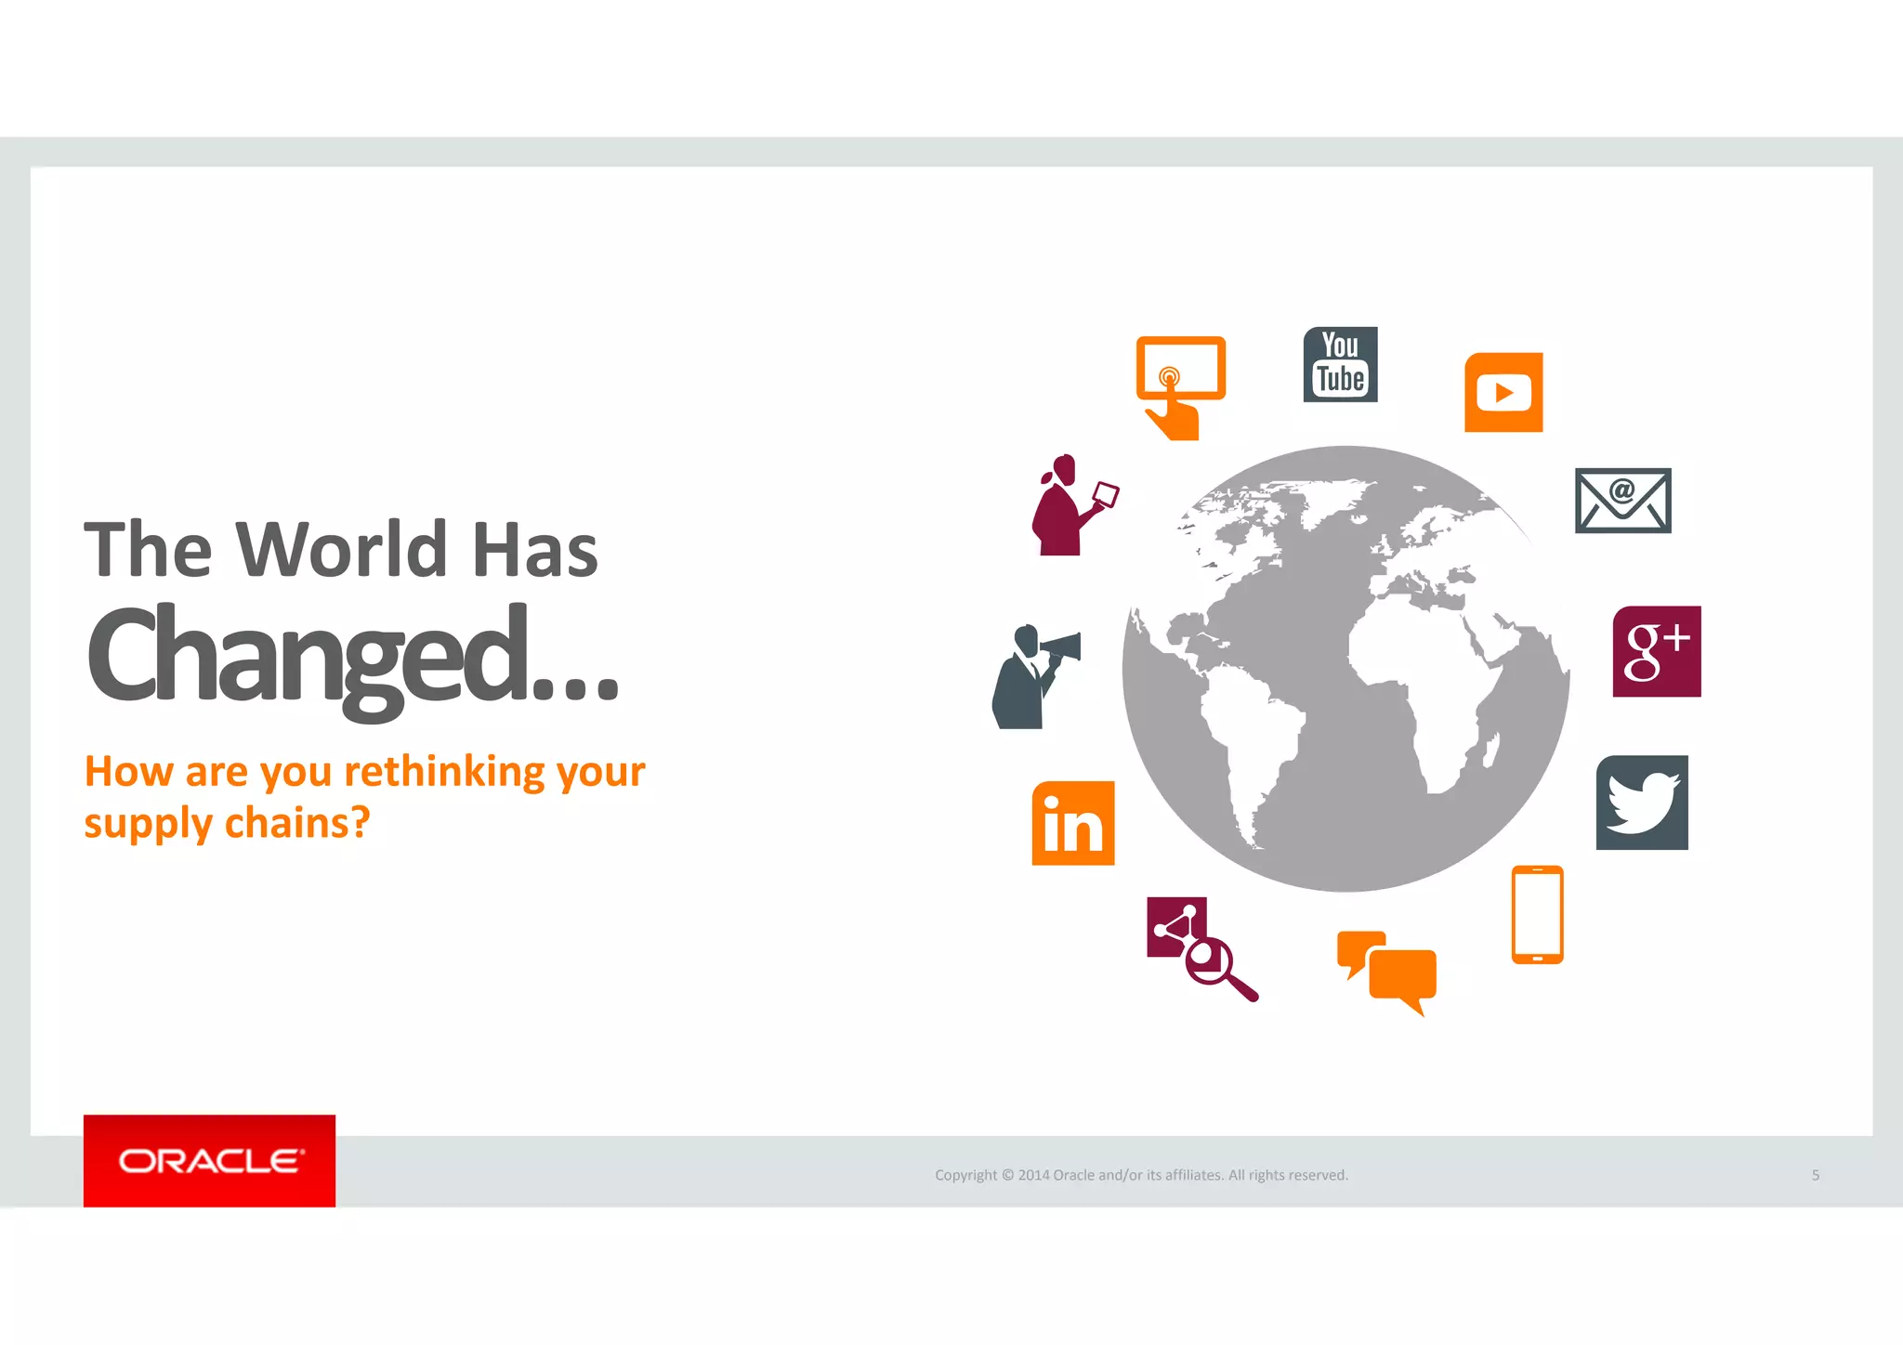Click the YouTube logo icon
[x=1340, y=364]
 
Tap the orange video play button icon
[x=1503, y=392]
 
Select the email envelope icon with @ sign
[x=1622, y=500]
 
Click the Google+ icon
[x=1657, y=651]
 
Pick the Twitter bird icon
[x=1642, y=803]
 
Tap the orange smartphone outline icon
[x=1537, y=915]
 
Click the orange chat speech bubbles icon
[x=1387, y=971]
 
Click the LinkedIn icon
[x=1073, y=823]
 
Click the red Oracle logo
[x=209, y=1160]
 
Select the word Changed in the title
[x=307, y=655]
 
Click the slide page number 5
[x=1815, y=1175]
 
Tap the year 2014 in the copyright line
[x=1033, y=1175]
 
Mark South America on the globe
[x=1254, y=743]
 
